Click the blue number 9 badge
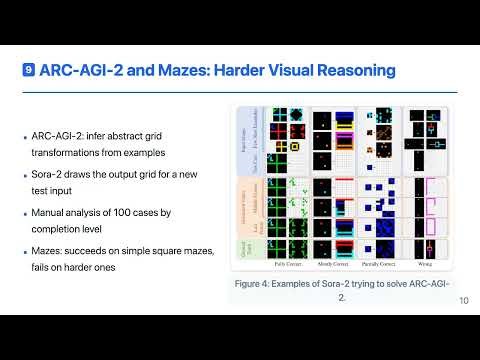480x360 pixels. (30, 71)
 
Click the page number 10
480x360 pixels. (464, 301)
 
